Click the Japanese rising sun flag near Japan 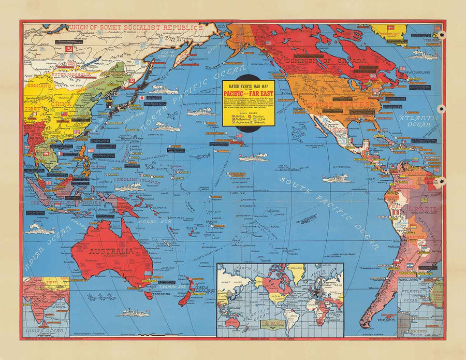coord(141,97)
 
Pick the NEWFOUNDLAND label coord(418,72)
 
